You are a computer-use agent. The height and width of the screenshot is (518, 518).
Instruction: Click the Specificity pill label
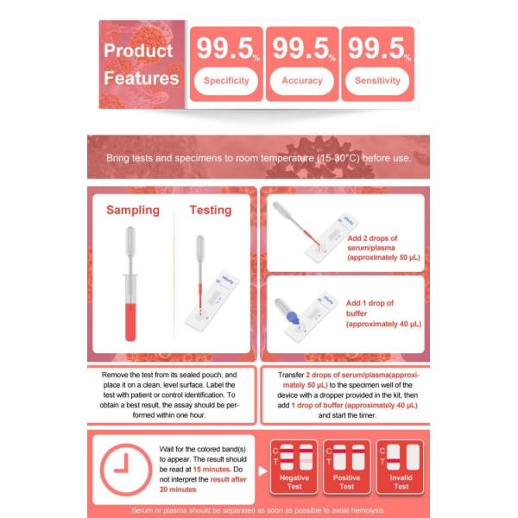click(x=226, y=81)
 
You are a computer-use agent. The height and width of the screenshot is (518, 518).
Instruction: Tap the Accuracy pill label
click(x=302, y=81)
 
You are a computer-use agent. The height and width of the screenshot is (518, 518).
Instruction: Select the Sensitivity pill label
click(x=377, y=81)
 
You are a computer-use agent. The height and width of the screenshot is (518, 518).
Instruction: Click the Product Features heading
click(x=142, y=64)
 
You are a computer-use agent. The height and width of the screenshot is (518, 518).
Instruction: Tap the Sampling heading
click(x=132, y=210)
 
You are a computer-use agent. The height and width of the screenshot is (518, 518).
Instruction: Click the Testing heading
click(x=211, y=210)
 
